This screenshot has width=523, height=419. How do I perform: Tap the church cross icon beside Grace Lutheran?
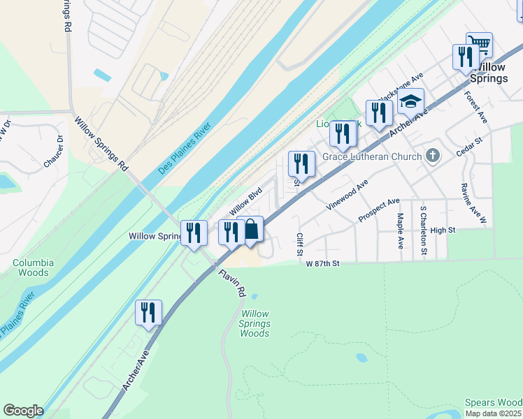(x=433, y=154)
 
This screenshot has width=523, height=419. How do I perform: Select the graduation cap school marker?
(x=411, y=101)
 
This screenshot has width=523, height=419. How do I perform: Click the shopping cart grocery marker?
(x=479, y=45)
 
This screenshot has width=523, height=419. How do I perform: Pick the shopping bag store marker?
(x=250, y=230)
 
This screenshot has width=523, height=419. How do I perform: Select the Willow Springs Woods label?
(x=255, y=324)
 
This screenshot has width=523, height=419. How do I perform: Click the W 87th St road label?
(x=322, y=263)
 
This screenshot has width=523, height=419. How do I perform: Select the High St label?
(x=443, y=230)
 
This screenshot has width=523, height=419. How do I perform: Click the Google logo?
(x=23, y=411)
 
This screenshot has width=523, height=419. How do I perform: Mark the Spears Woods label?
(x=494, y=403)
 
